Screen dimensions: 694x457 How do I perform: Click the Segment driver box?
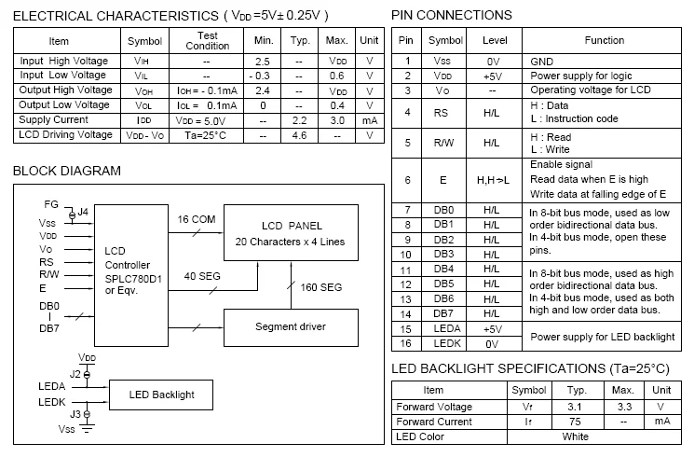click(x=291, y=327)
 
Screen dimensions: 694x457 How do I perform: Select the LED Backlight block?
click(x=161, y=395)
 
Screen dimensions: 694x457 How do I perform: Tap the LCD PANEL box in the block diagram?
click(x=291, y=233)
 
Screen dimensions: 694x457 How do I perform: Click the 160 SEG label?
click(x=320, y=287)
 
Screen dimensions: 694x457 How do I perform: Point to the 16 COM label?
click(x=197, y=219)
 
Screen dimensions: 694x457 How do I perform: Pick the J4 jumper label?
click(x=83, y=212)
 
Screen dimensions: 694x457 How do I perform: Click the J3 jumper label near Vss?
click(x=75, y=414)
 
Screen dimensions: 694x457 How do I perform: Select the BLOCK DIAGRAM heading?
click(x=67, y=171)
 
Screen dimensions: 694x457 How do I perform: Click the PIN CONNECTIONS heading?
click(x=452, y=16)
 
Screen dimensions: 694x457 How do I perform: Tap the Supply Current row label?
click(x=53, y=119)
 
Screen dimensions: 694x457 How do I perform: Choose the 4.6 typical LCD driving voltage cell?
click(x=299, y=135)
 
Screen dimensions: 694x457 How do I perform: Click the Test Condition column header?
click(x=208, y=41)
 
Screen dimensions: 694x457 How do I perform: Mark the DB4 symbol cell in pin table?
click(x=443, y=269)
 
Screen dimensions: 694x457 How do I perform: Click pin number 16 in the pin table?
click(x=405, y=343)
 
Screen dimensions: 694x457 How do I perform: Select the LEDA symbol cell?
click(x=447, y=328)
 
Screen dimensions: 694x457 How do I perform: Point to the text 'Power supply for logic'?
click(x=580, y=76)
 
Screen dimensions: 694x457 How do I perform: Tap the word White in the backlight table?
click(x=576, y=436)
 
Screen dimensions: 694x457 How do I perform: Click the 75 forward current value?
click(x=575, y=422)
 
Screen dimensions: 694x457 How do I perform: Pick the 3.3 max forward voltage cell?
click(x=624, y=407)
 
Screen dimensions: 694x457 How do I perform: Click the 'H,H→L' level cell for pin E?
click(x=493, y=180)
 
